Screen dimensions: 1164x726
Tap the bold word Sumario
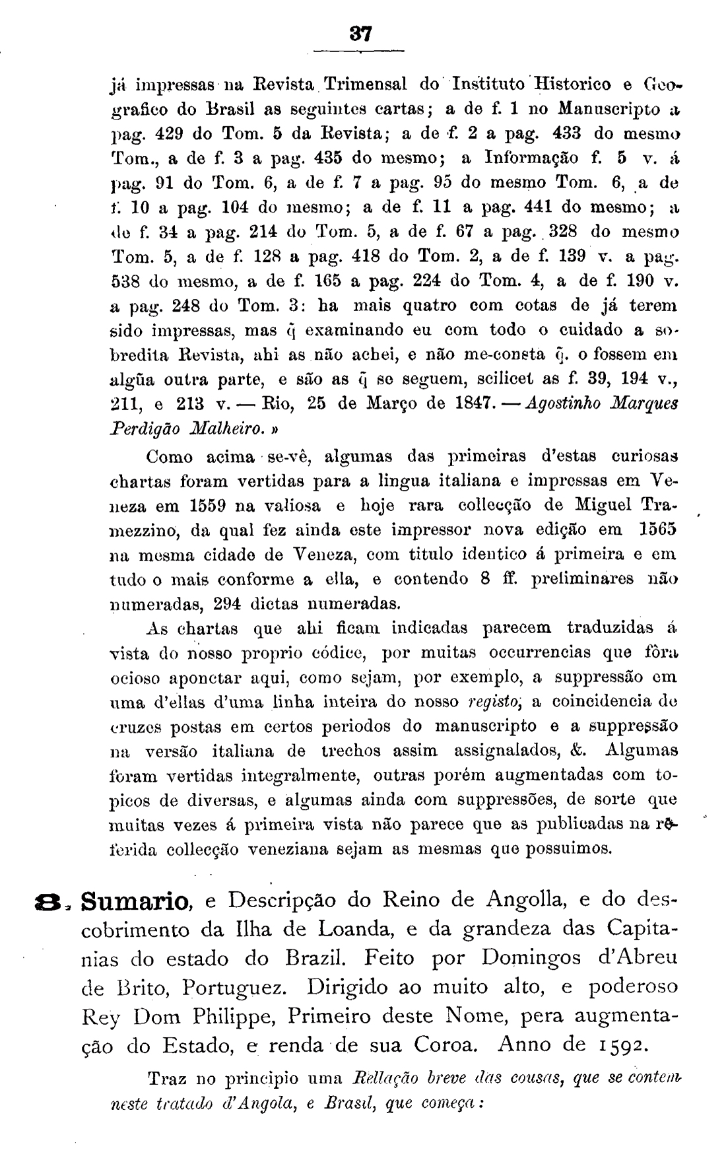(137, 901)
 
